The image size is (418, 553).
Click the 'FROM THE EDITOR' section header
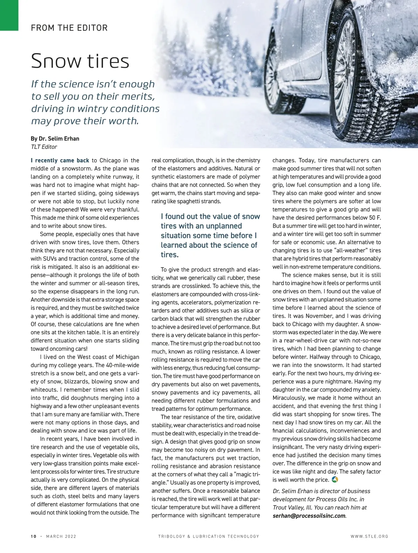pos(69,28)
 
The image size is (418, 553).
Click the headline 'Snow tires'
pos(80,61)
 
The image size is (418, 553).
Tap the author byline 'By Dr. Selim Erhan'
pos(55,139)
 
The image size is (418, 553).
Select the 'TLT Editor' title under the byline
pos(44,147)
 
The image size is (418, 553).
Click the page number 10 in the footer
pos(33,536)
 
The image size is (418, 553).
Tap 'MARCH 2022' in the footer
pos(61,536)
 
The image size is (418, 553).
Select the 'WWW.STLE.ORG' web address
pos(369,536)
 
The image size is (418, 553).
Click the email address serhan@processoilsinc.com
pos(309,516)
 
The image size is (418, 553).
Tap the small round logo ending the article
pos(335,480)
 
